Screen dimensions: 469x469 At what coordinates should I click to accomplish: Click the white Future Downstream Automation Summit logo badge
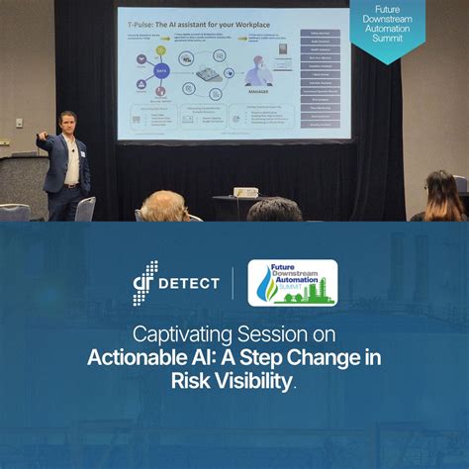click(x=292, y=282)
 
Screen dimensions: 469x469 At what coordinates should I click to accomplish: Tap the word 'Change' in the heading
click(x=328, y=357)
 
